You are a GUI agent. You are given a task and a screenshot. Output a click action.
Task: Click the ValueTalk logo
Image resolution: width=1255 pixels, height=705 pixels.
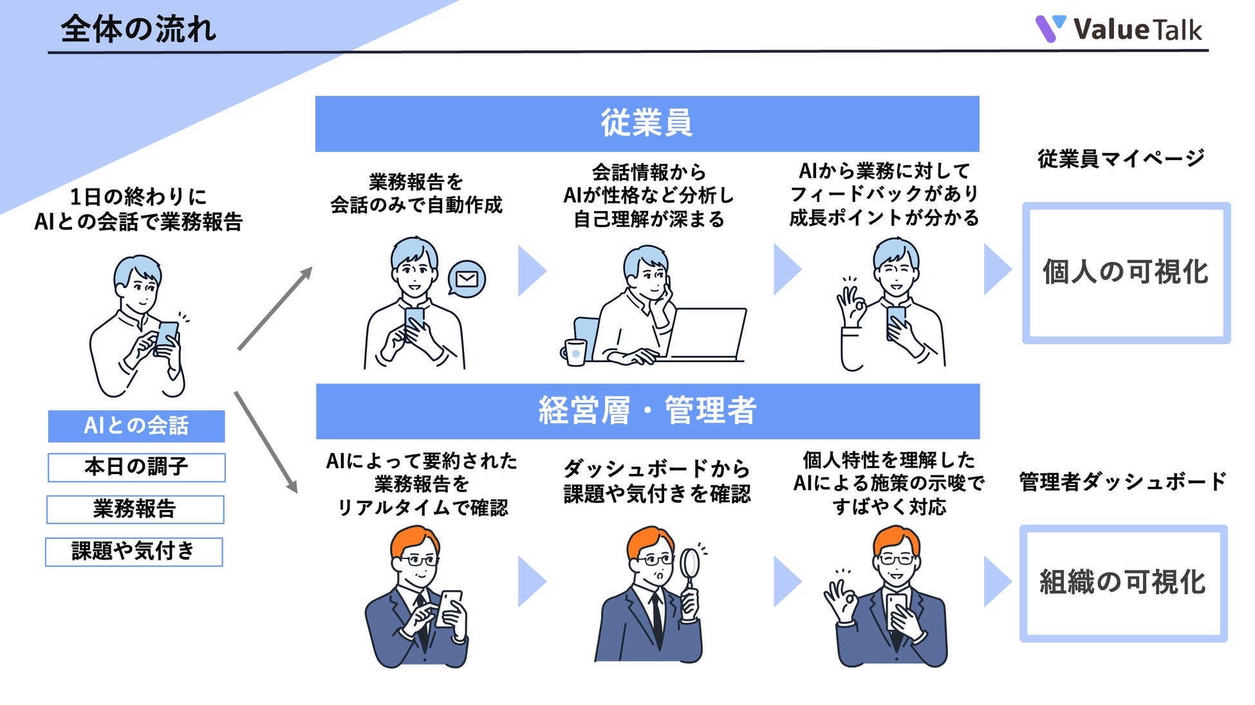pyautogui.click(x=1118, y=30)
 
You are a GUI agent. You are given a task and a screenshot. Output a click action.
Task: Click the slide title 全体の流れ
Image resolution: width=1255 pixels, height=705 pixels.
pyautogui.click(x=138, y=30)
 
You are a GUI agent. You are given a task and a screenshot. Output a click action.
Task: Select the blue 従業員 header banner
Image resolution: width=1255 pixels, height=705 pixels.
pyautogui.click(x=647, y=124)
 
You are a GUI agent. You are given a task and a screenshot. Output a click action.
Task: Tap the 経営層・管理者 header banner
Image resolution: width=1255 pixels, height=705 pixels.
pyautogui.click(x=647, y=411)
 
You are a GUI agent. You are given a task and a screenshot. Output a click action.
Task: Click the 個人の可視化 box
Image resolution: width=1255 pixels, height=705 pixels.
pyautogui.click(x=1126, y=273)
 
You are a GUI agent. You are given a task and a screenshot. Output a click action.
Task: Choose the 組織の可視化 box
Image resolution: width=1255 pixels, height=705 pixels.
pyautogui.click(x=1123, y=583)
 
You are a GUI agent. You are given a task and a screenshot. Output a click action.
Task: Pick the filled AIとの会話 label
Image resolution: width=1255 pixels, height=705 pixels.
pyautogui.click(x=136, y=426)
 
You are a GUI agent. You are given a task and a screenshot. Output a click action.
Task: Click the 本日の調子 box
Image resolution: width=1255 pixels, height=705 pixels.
pyautogui.click(x=136, y=467)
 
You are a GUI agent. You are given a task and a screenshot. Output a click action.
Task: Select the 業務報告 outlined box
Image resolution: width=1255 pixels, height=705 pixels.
pyautogui.click(x=135, y=509)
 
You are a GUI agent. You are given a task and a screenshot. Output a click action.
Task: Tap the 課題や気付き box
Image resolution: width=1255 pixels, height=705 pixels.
pyautogui.click(x=134, y=552)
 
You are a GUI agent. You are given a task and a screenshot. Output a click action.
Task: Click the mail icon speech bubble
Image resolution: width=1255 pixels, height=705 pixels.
pyautogui.click(x=467, y=279)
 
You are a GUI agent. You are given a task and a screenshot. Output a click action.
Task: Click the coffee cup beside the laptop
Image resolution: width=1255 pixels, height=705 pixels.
pyautogui.click(x=575, y=352)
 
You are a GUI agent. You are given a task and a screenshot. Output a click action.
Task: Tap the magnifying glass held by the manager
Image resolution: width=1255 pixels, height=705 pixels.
pyautogui.click(x=690, y=565)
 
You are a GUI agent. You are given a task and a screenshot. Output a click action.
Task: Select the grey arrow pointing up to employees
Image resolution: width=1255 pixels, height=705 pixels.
pyautogui.click(x=275, y=308)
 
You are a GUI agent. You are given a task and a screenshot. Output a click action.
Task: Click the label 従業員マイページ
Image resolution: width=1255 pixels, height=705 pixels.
pyautogui.click(x=1120, y=158)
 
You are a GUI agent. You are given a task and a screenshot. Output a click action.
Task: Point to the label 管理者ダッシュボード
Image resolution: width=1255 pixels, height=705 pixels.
pyautogui.click(x=1122, y=482)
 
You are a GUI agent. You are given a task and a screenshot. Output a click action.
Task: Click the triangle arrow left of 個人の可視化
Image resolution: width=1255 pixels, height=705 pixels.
pyautogui.click(x=998, y=270)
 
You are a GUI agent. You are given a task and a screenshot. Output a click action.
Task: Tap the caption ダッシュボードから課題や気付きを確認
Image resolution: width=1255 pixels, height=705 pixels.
pyautogui.click(x=657, y=481)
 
